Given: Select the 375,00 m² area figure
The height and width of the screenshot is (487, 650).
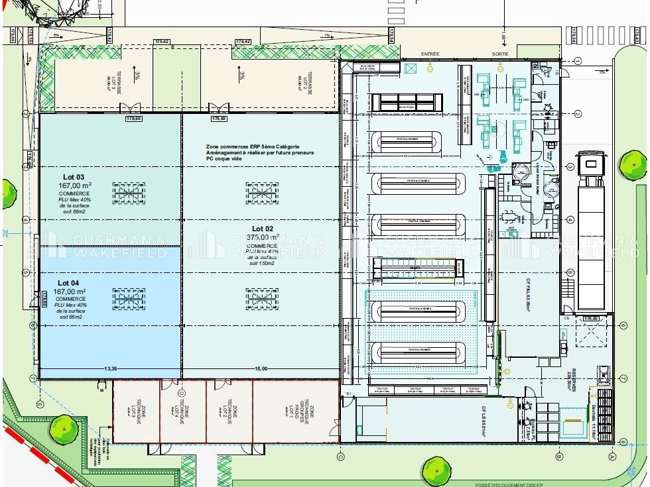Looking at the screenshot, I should click(263, 237).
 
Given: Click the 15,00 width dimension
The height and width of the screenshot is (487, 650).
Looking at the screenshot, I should click(260, 369).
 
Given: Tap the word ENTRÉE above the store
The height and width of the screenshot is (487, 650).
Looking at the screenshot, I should click(430, 54).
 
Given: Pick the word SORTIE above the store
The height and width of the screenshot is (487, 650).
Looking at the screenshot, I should click(500, 54).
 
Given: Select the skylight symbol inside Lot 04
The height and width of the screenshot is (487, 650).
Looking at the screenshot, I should click(129, 298).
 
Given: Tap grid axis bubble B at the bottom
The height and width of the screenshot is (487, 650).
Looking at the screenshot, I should click(559, 456).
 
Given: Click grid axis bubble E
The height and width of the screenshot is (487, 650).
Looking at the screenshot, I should click(40, 404).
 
